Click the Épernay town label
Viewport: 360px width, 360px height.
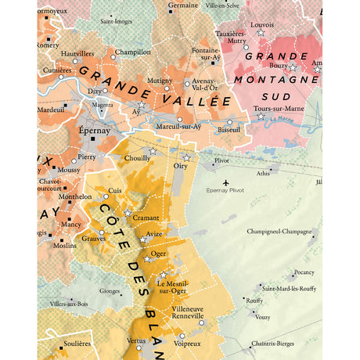(x=95, y=131)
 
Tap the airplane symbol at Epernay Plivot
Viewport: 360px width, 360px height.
(x=226, y=182)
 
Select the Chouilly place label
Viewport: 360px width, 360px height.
(x=138, y=157)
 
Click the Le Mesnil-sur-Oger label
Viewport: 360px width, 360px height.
(x=171, y=288)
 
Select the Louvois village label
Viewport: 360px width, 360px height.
(x=262, y=24)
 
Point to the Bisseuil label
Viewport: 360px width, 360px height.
(x=229, y=130)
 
